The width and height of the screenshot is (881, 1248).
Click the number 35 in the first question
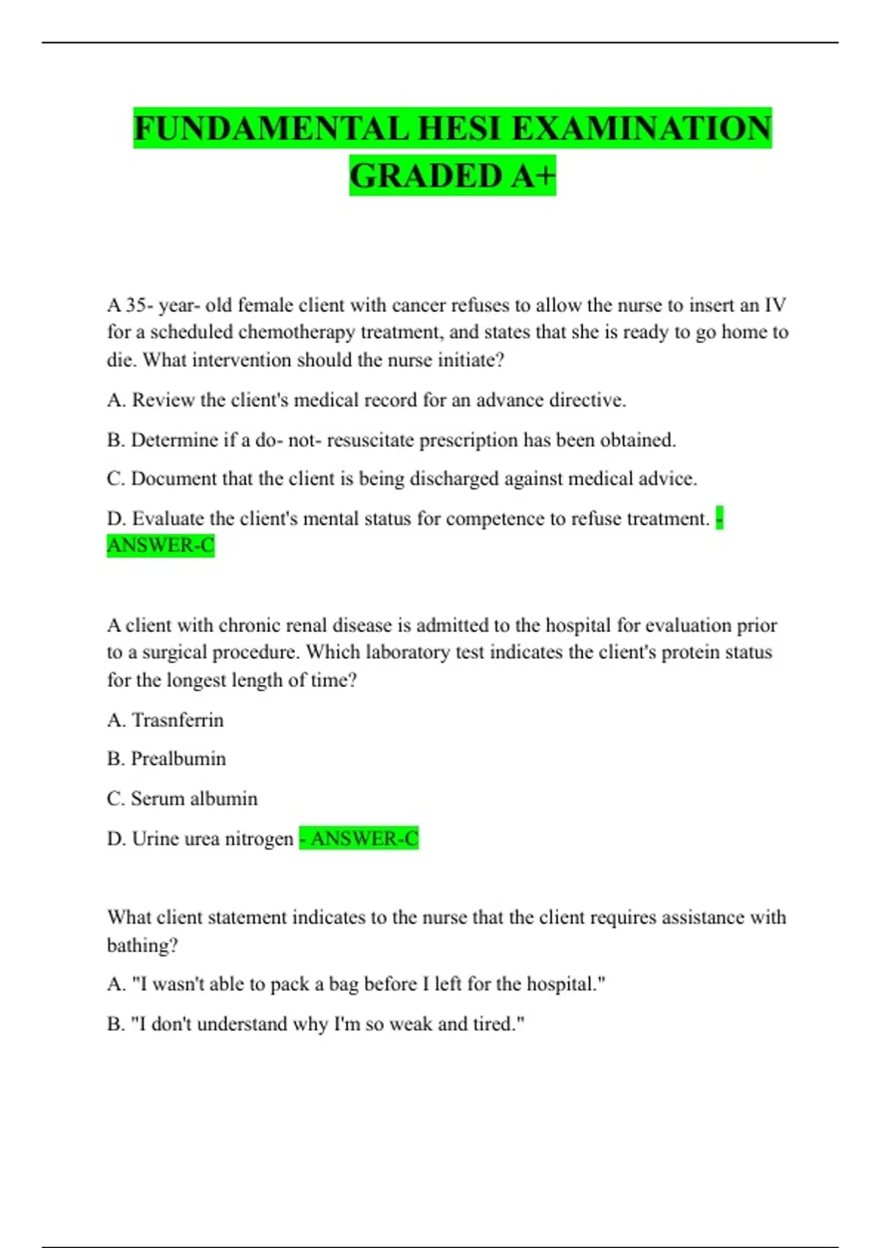(136, 305)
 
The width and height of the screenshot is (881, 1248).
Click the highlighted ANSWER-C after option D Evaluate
(161, 545)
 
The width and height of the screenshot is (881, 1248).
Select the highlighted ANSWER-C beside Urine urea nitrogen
(364, 838)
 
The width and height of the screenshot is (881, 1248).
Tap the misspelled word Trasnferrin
(178, 719)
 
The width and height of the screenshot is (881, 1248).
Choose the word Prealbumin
(178, 758)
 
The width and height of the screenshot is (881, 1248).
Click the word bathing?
(142, 945)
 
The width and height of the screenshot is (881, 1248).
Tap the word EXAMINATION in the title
(641, 128)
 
